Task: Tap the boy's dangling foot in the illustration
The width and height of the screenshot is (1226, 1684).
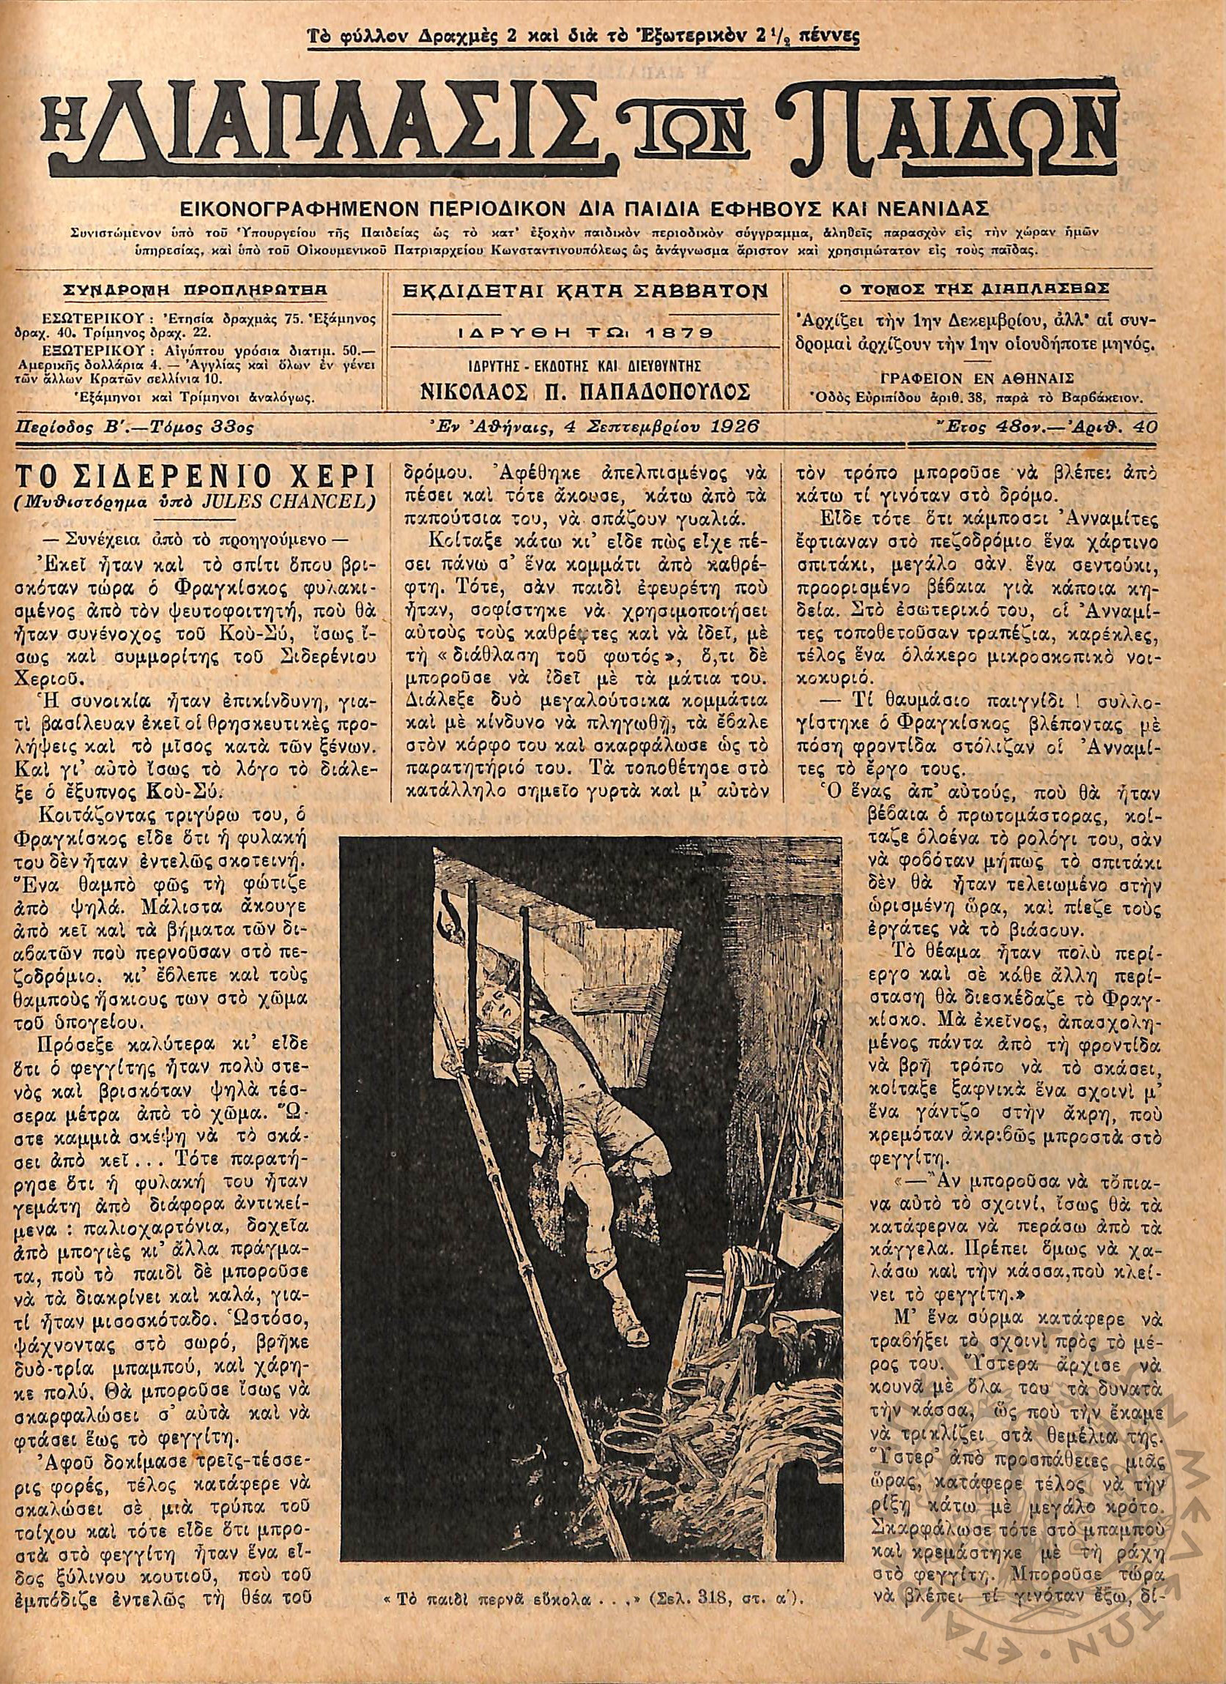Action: [607, 1255]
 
